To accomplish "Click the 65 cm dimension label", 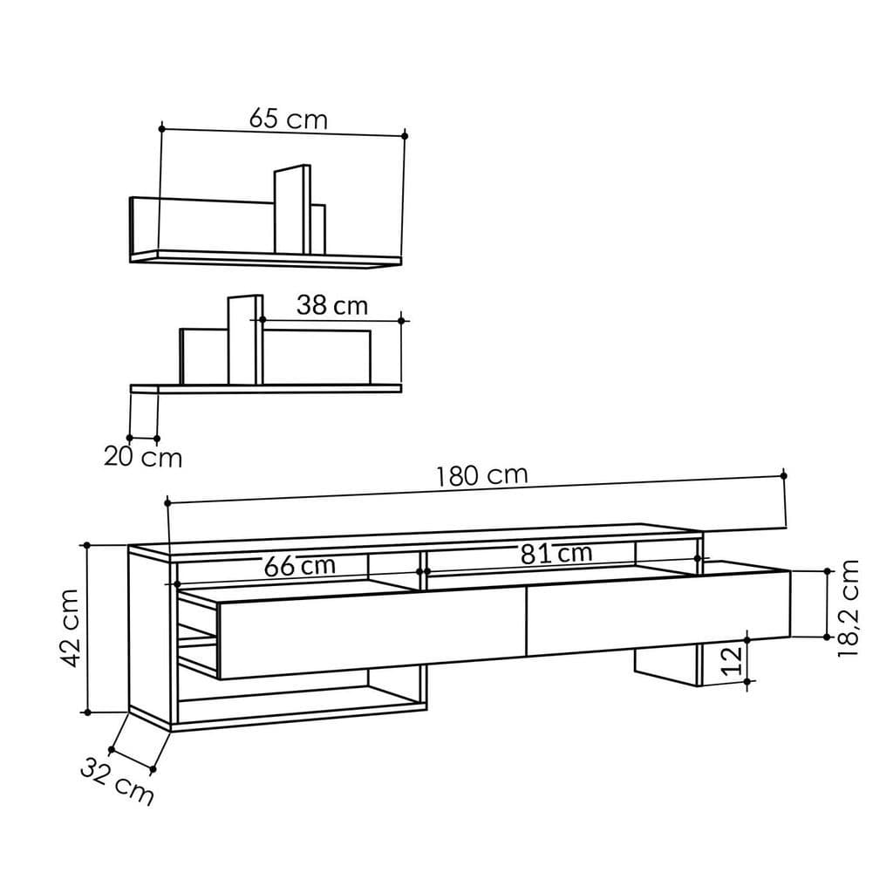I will click(289, 119).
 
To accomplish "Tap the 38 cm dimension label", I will click(331, 306).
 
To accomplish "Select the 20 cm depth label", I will click(143, 457).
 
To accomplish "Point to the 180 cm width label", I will click(482, 475).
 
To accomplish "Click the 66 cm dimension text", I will click(300, 566).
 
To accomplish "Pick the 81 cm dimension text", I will click(556, 553).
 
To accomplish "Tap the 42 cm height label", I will click(72, 627).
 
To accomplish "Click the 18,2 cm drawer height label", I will click(848, 608).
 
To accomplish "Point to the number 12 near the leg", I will click(733, 661).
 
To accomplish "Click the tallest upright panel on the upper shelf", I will click(292, 209).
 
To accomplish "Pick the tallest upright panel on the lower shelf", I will click(245, 340).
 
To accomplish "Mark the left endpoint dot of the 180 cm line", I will click(167, 502).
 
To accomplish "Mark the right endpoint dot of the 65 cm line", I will click(406, 134).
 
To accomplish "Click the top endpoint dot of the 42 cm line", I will click(86, 545).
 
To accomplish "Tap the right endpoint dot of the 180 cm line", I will click(783, 474).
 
